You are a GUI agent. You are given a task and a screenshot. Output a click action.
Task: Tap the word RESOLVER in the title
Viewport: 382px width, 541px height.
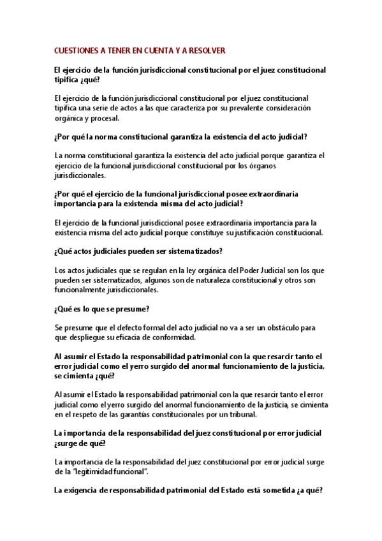pos(208,49)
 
